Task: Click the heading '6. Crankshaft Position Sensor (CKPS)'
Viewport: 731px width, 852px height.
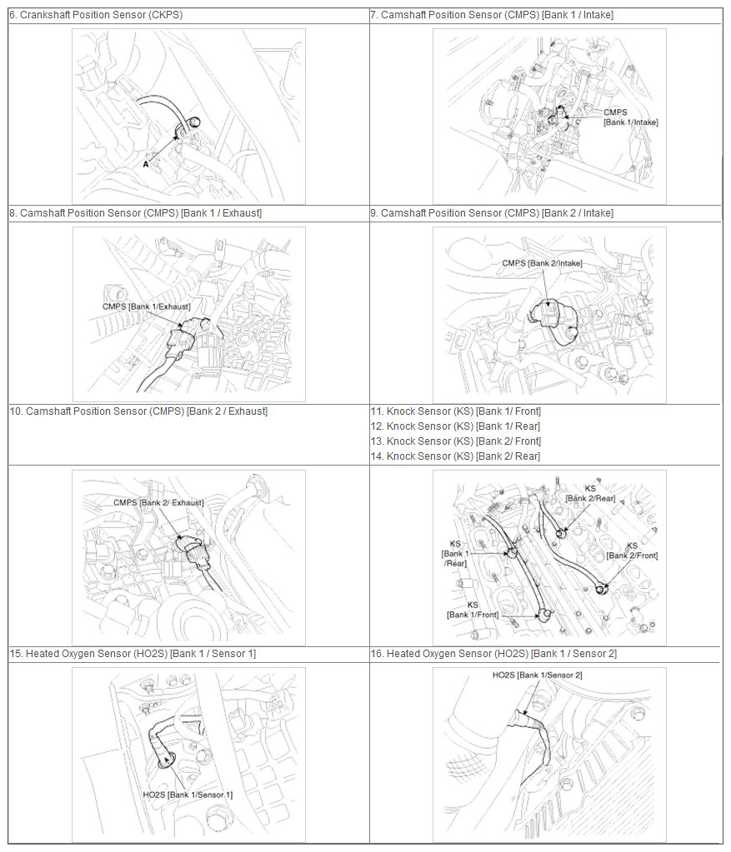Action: pyautogui.click(x=96, y=15)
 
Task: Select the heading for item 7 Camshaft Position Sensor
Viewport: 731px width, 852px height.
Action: pyautogui.click(x=492, y=15)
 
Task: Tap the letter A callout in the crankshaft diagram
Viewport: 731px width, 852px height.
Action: pyautogui.click(x=146, y=163)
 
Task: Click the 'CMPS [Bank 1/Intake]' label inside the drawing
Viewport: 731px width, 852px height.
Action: pyautogui.click(x=630, y=117)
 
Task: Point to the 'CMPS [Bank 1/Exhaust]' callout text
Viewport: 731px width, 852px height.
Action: pyautogui.click(x=147, y=306)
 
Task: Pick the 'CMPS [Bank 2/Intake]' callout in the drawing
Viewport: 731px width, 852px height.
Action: pyautogui.click(x=542, y=263)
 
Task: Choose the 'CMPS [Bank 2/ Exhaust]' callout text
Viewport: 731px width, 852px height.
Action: pyautogui.click(x=158, y=502)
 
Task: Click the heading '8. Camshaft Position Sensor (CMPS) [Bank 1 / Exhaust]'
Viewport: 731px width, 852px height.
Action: pyautogui.click(x=135, y=213)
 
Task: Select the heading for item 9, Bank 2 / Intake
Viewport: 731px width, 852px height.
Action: pyautogui.click(x=492, y=213)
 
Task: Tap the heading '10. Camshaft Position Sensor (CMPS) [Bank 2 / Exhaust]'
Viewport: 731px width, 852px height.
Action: pyautogui.click(x=138, y=411)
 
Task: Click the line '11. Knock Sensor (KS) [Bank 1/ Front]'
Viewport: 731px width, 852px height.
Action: pyautogui.click(x=456, y=411)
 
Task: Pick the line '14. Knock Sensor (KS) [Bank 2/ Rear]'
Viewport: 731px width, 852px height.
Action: pyautogui.click(x=455, y=456)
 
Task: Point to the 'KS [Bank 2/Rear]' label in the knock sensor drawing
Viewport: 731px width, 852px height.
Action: pyautogui.click(x=590, y=493)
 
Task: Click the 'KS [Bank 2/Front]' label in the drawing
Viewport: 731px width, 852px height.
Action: pyautogui.click(x=632, y=551)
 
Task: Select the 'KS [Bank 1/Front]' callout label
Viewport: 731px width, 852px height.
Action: pyautogui.click(x=473, y=610)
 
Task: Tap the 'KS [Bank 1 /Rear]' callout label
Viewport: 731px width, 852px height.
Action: pyautogui.click(x=455, y=554)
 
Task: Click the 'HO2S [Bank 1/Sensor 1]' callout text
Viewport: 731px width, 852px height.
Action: pyautogui.click(x=188, y=795)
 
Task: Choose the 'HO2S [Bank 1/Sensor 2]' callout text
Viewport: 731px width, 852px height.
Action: pyautogui.click(x=538, y=675)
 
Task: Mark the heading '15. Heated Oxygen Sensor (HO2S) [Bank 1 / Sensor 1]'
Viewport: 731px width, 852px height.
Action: pyautogui.click(x=133, y=654)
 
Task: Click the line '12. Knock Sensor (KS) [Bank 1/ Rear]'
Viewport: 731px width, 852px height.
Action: pyautogui.click(x=455, y=426)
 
